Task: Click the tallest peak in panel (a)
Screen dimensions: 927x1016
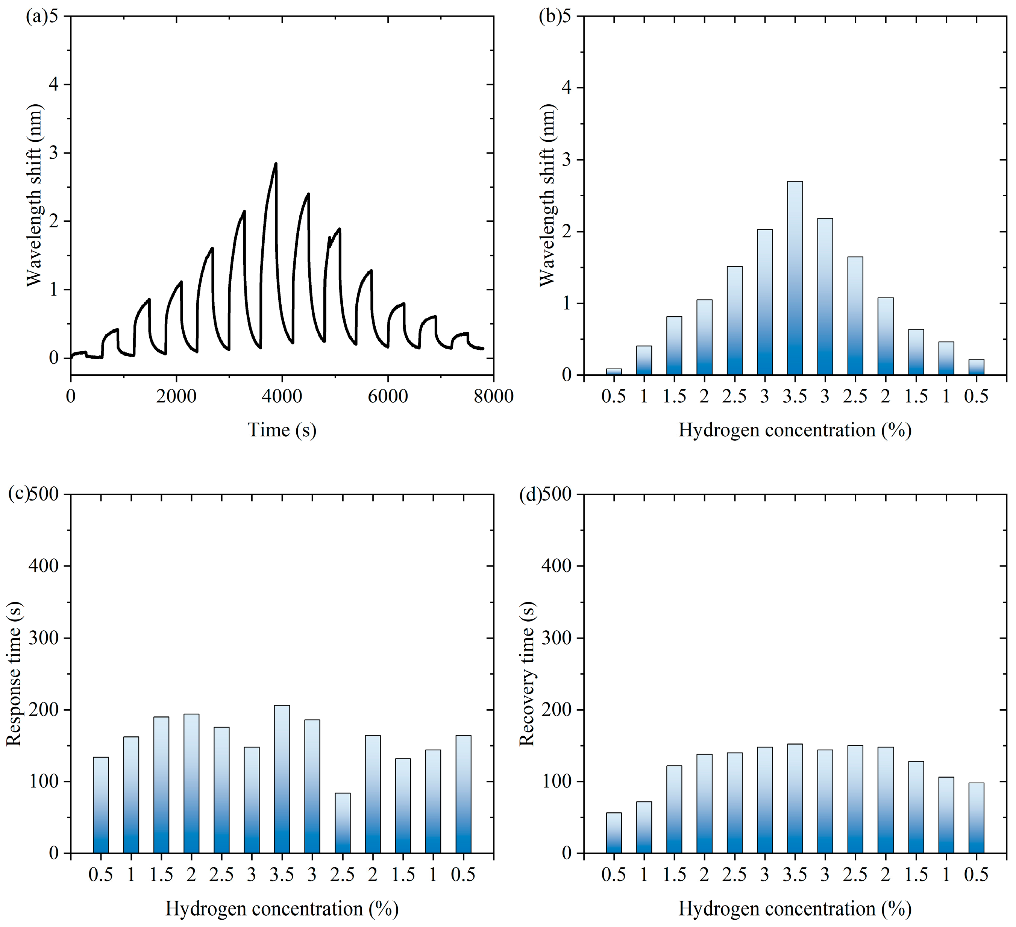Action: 276,164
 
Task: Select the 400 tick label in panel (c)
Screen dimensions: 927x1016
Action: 43,566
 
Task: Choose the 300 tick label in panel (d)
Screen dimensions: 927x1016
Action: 557,638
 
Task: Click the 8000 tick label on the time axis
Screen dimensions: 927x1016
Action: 493,397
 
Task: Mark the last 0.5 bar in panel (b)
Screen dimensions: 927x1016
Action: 976,367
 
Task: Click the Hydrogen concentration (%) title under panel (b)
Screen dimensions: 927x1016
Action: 795,430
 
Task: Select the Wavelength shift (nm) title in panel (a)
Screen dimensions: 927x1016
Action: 34,195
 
